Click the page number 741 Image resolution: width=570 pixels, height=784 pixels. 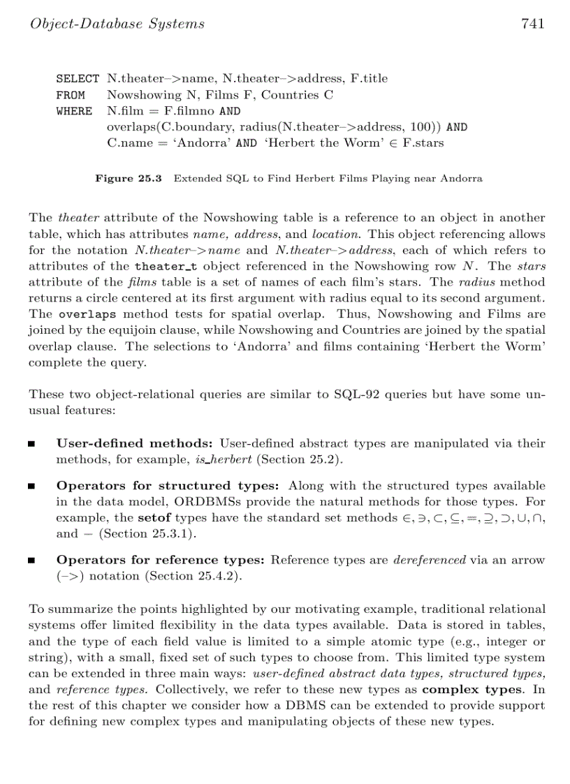532,24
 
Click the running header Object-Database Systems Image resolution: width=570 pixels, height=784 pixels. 117,24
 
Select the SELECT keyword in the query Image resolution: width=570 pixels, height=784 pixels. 77,79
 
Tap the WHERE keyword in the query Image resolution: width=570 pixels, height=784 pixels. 74,111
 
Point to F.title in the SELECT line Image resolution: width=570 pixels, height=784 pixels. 368,79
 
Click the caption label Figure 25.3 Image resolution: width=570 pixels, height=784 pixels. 129,179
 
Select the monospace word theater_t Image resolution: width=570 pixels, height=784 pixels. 163,266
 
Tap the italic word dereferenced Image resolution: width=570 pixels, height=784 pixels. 430,560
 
